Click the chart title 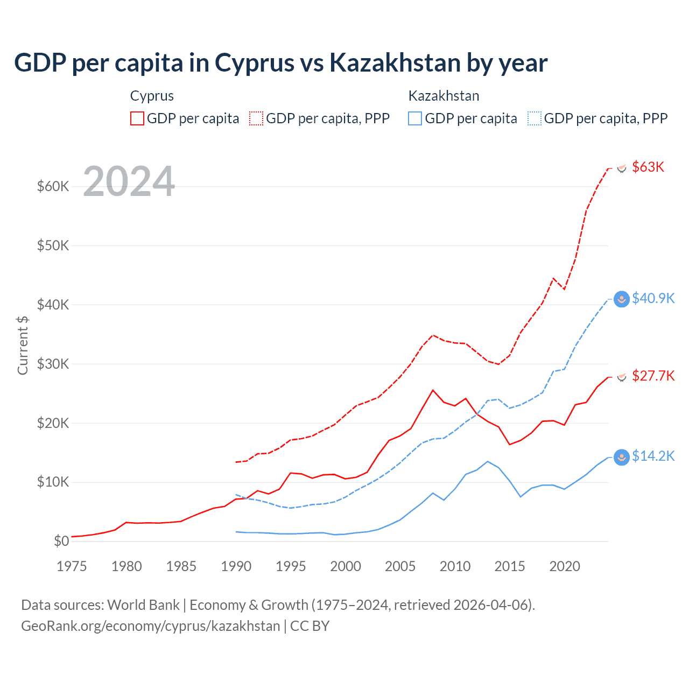tap(280, 63)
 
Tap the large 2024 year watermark tap(129, 181)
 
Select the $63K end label tap(648, 167)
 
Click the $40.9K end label tap(653, 298)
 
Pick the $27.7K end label tap(653, 376)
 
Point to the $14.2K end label tap(653, 456)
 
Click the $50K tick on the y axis tap(53, 245)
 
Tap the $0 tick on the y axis tap(61, 541)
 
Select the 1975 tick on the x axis tap(72, 566)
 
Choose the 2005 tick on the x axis tap(400, 566)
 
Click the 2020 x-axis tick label tap(565, 566)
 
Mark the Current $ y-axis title tap(23, 345)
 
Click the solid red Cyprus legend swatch tap(137, 118)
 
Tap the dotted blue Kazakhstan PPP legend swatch tap(535, 118)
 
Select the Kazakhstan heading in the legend tap(444, 96)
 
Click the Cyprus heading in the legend tap(152, 96)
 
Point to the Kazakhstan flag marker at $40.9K tap(622, 299)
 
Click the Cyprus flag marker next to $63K tap(622, 168)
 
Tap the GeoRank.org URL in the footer tap(150, 626)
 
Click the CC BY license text tap(310, 626)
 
